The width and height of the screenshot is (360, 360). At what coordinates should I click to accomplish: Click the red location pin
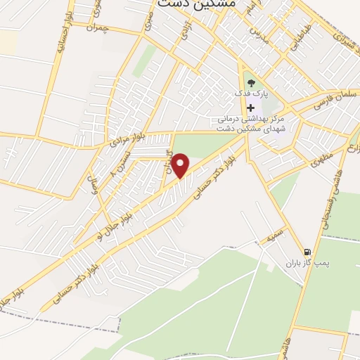click(x=181, y=166)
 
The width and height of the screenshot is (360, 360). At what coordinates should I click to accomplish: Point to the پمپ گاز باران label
click(x=311, y=264)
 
